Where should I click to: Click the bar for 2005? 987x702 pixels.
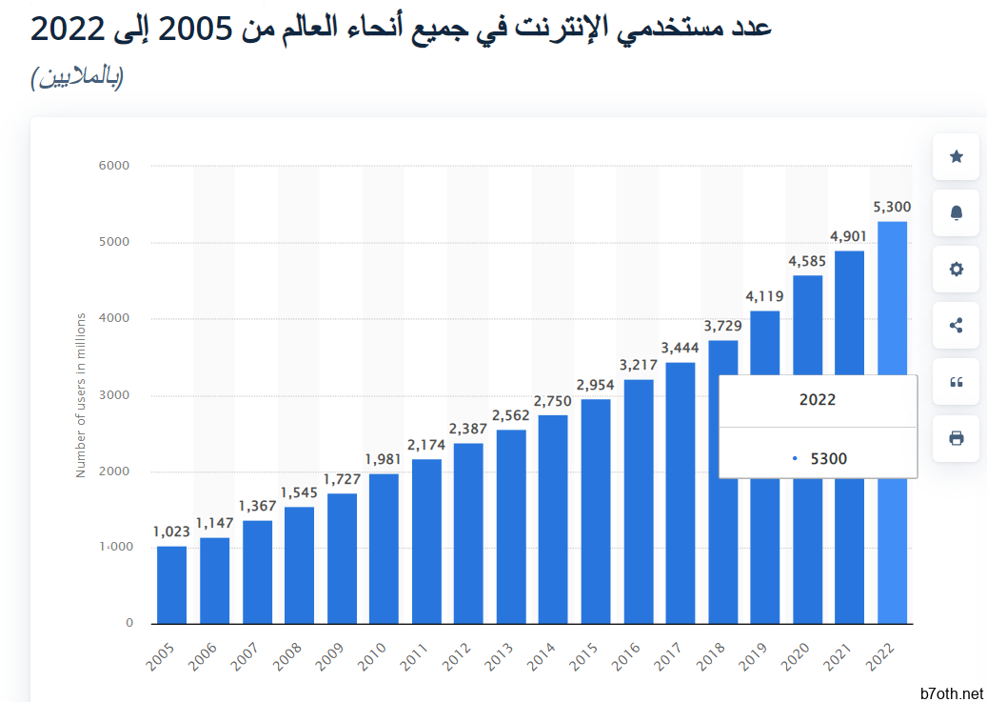171,585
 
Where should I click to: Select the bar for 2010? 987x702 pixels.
384,549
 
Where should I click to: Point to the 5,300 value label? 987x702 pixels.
892,207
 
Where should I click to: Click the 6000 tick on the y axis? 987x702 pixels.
113,166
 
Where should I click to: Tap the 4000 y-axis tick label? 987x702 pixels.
113,319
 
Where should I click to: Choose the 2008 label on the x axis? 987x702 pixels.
289,656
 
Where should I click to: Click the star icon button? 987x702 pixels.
957,157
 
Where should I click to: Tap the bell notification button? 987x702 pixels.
957,213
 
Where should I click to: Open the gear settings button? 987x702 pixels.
957,270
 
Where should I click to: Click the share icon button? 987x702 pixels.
957,326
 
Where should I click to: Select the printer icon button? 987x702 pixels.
957,438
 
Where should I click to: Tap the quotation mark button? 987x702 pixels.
957,382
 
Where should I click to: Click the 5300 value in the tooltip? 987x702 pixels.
828,459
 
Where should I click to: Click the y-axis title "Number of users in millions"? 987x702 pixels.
81,394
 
